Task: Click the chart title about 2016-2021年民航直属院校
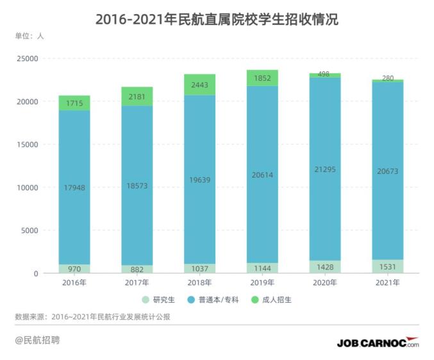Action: pyautogui.click(x=217, y=19)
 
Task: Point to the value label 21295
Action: pyautogui.click(x=325, y=169)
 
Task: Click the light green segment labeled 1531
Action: pyautogui.click(x=388, y=266)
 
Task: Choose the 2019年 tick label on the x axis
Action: pyautogui.click(x=262, y=282)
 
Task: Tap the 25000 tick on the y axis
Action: pyautogui.click(x=28, y=59)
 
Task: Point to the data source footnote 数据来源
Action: pyautogui.click(x=92, y=316)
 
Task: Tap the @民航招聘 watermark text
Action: pyautogui.click(x=38, y=340)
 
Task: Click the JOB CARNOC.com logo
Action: pyautogui.click(x=378, y=343)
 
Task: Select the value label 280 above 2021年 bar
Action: pyautogui.click(x=388, y=78)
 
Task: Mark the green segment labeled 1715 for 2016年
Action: pyautogui.click(x=74, y=103)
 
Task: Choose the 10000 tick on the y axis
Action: pyautogui.click(x=28, y=187)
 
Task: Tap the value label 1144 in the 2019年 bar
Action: pyautogui.click(x=262, y=268)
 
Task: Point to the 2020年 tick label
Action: pyautogui.click(x=325, y=282)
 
